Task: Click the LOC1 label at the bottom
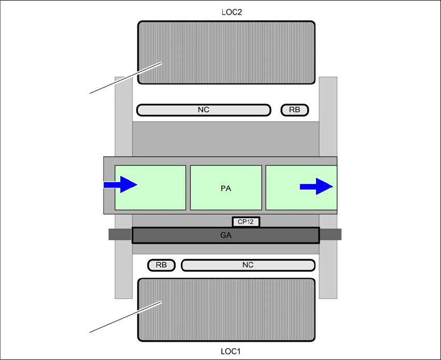point(225,351)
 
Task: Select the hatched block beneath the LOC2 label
point(226,52)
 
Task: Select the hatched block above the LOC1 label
point(226,310)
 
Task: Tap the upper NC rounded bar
point(203,110)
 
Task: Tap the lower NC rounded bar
point(248,265)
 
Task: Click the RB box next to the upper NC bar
point(294,110)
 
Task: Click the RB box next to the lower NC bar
point(161,265)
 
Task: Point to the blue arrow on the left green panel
point(121,184)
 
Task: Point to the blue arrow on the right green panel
point(316,186)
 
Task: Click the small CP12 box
point(246,222)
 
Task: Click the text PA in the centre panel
point(226,189)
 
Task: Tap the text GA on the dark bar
point(225,235)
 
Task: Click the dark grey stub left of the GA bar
point(120,235)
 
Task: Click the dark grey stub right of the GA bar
point(330,235)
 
